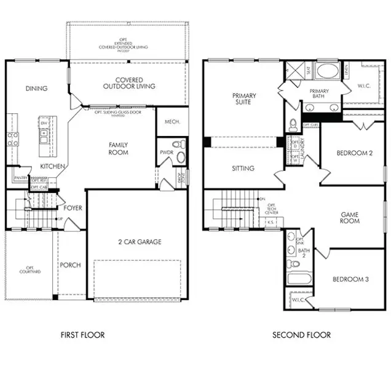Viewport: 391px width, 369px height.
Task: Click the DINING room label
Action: coord(36,89)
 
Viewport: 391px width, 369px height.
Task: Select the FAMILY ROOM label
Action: coord(118,148)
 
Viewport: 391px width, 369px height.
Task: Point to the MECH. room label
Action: coord(172,122)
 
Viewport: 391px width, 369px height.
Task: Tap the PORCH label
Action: coord(70,265)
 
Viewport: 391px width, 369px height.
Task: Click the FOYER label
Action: coord(73,208)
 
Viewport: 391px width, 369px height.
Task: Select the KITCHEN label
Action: coord(53,167)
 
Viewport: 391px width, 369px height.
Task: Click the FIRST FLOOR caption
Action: coord(82,335)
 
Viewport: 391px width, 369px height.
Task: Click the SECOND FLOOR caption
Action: coord(301,335)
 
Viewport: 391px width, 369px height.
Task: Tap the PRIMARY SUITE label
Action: coord(244,100)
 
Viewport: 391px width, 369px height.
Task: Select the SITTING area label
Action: coord(243,168)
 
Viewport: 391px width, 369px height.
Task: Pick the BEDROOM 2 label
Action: coord(353,153)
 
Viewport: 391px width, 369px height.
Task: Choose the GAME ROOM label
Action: coord(350,218)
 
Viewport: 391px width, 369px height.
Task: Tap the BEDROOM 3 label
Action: coord(350,279)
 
